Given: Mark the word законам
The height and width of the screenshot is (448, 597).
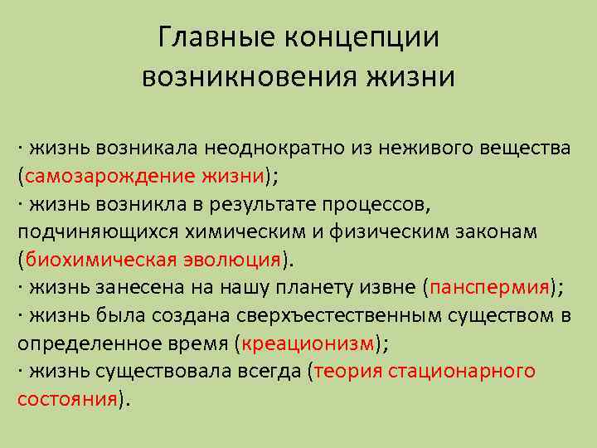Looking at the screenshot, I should click(x=491, y=231).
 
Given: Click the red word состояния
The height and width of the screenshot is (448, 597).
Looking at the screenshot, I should click(x=67, y=397).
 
